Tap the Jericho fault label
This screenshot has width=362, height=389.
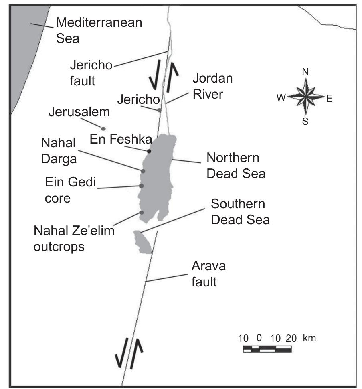91,73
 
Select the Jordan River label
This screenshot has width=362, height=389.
212,85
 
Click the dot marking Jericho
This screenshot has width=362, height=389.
159,110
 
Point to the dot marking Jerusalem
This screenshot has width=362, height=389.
103,128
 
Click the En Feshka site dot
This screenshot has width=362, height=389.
149,151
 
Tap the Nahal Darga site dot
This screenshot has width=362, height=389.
143,171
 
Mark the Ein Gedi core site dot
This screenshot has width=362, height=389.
141,186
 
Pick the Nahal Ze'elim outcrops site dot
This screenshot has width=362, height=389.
141,212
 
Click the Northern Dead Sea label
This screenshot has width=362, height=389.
236,166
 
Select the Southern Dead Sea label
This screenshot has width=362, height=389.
240,212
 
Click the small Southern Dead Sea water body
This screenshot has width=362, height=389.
142,242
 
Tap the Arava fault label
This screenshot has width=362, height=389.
208,274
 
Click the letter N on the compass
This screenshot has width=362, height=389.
305,72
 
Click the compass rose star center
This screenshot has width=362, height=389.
305,97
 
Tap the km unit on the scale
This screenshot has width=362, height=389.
309,338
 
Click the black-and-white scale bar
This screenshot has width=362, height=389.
267,348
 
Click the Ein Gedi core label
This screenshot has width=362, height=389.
70,190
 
